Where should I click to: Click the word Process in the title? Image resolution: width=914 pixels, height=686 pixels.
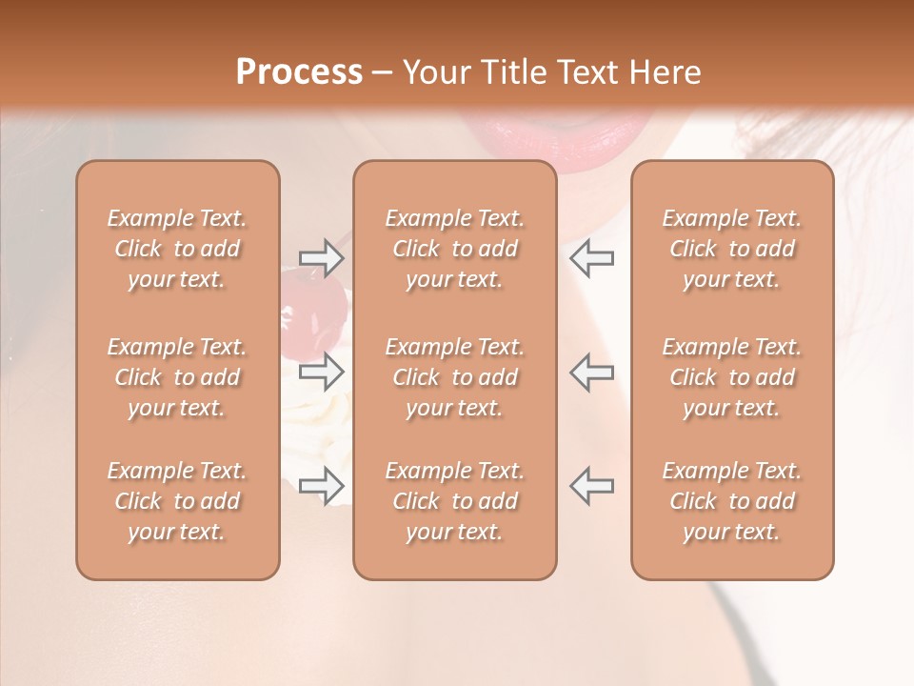click(299, 71)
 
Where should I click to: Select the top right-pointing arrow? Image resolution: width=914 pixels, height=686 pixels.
click(322, 258)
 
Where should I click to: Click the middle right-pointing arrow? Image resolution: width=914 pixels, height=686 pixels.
click(322, 372)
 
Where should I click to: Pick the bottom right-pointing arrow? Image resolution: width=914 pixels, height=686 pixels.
click(322, 486)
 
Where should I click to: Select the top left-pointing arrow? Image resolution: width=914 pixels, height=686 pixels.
click(592, 258)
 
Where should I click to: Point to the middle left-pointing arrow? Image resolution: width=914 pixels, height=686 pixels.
click(592, 372)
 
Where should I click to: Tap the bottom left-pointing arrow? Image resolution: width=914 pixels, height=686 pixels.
click(592, 486)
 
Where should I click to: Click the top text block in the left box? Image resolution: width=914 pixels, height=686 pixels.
click(177, 249)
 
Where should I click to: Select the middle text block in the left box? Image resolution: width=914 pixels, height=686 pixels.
click(177, 377)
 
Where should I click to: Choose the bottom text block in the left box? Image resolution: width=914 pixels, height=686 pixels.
click(177, 501)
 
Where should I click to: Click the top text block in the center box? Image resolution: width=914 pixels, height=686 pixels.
click(455, 249)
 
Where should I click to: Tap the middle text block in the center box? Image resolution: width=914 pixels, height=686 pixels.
click(455, 377)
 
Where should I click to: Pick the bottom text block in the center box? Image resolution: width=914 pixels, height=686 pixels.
click(455, 501)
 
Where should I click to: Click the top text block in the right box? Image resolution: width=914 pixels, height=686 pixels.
click(732, 249)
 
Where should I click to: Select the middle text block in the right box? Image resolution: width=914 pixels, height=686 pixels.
click(732, 377)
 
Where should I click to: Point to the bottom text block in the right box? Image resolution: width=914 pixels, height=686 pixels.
click(732, 501)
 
